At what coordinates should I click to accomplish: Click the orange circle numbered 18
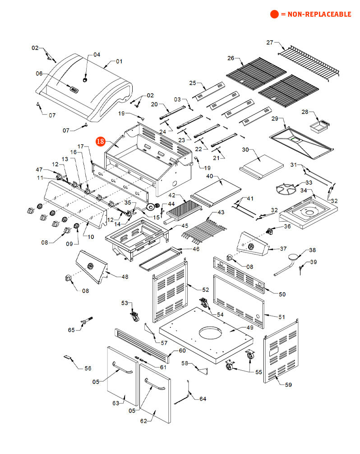tap(100, 142)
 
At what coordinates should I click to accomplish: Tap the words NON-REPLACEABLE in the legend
tap(316, 14)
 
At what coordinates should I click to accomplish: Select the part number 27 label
tap(270, 43)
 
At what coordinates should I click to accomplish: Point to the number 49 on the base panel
tap(237, 329)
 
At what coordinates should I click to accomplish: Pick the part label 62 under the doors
tap(144, 421)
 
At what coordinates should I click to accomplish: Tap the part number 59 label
tap(288, 385)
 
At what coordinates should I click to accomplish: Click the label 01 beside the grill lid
tap(119, 61)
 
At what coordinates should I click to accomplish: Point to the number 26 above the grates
tap(231, 58)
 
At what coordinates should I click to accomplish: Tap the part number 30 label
tap(245, 150)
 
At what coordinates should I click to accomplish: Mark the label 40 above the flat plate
tap(210, 176)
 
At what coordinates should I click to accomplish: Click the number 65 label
tap(71, 330)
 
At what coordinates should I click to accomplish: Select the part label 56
tap(88, 368)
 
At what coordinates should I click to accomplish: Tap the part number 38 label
tap(312, 250)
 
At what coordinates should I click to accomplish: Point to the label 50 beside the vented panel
tap(282, 294)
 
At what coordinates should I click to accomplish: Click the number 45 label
tap(185, 225)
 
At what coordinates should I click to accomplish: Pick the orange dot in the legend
tap(274, 14)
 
